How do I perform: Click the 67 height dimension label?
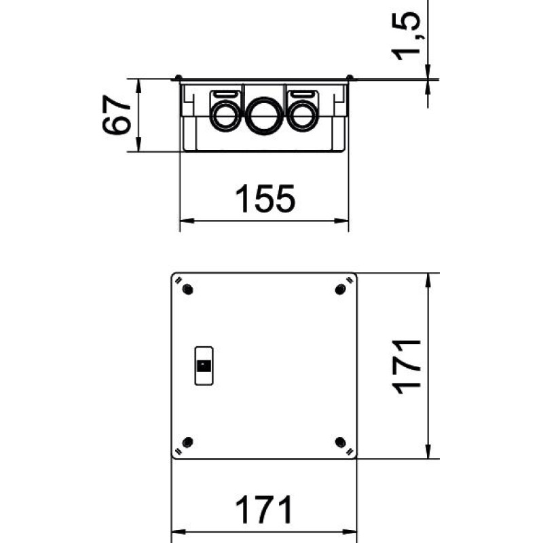coord(117,114)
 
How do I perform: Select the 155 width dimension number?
coord(265,198)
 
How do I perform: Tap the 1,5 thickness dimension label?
coord(406,35)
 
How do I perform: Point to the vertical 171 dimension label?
coord(406,367)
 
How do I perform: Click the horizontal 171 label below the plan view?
coord(264,510)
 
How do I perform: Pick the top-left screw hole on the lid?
coord(188,289)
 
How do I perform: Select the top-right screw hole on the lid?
coord(341,289)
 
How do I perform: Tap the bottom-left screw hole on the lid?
coord(188,443)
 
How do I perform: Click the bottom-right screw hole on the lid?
coord(341,443)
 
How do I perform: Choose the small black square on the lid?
coord(204,366)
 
